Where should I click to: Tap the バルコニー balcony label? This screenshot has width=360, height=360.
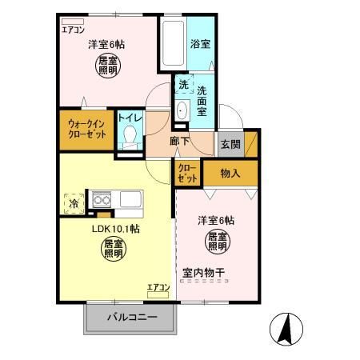tap(131, 319)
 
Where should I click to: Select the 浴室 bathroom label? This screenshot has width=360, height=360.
tap(200, 44)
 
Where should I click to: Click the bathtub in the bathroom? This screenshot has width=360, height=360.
tap(172, 46)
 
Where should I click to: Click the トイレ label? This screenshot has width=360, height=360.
tap(130, 118)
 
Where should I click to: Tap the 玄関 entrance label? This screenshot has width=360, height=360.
tap(230, 144)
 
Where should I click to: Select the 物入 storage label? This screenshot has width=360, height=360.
tap(230, 174)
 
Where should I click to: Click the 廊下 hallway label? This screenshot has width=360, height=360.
tap(180, 142)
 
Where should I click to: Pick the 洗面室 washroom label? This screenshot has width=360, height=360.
tap(202, 102)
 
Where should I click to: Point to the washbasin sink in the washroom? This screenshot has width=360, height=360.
tap(182, 110)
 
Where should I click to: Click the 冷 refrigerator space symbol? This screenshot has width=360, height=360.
tap(73, 202)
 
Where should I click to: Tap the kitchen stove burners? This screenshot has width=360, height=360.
tap(103, 199)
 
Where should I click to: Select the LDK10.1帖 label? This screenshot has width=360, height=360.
tap(115, 230)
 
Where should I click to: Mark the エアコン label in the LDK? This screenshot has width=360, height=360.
tap(158, 286)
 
